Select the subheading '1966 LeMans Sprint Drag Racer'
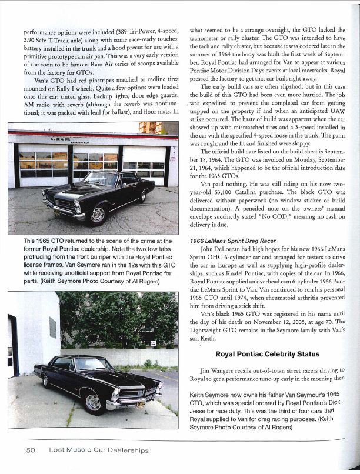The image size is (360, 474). point(234,258)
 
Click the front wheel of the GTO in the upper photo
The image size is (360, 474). point(98,215)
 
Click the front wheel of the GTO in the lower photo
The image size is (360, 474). point(94,400)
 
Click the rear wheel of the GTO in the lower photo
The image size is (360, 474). point(45,380)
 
